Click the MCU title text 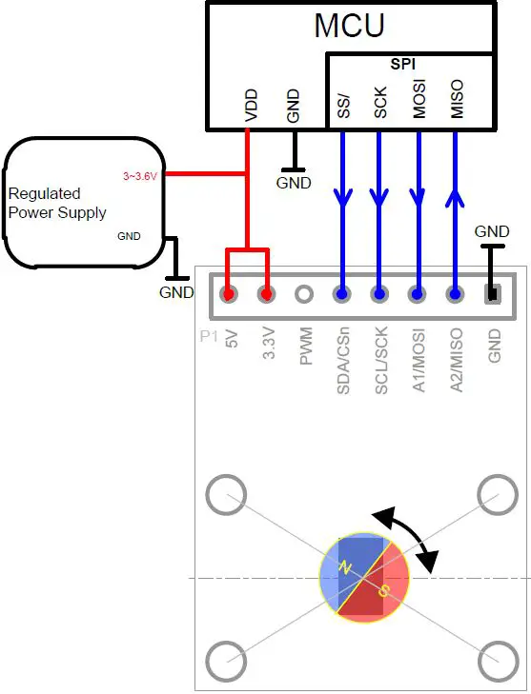349,26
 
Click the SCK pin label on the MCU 380,103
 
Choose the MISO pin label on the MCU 457,99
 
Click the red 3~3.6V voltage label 143,176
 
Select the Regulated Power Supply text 57,203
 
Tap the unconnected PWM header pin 304,294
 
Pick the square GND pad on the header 493,294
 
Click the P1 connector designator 209,336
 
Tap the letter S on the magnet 383,591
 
